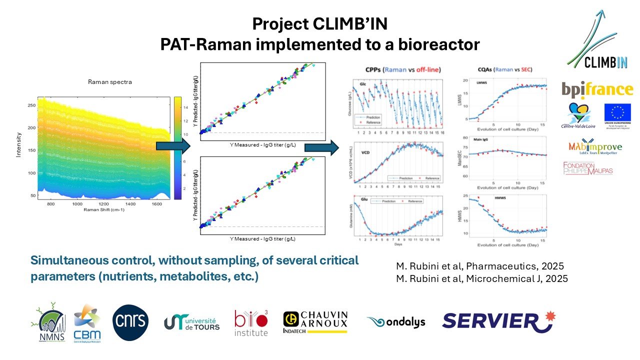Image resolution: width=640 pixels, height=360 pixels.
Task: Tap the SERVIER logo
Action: pos(497,321)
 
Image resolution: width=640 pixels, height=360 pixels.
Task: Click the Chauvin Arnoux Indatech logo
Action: pos(315,322)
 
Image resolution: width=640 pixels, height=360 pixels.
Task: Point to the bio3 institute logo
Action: pos(251,323)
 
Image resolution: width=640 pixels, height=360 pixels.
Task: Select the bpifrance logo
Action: pos(596,89)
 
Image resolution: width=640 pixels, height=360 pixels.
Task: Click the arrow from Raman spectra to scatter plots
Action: pos(171,146)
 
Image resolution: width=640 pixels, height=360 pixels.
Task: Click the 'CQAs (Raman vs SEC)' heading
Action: pos(501,69)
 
